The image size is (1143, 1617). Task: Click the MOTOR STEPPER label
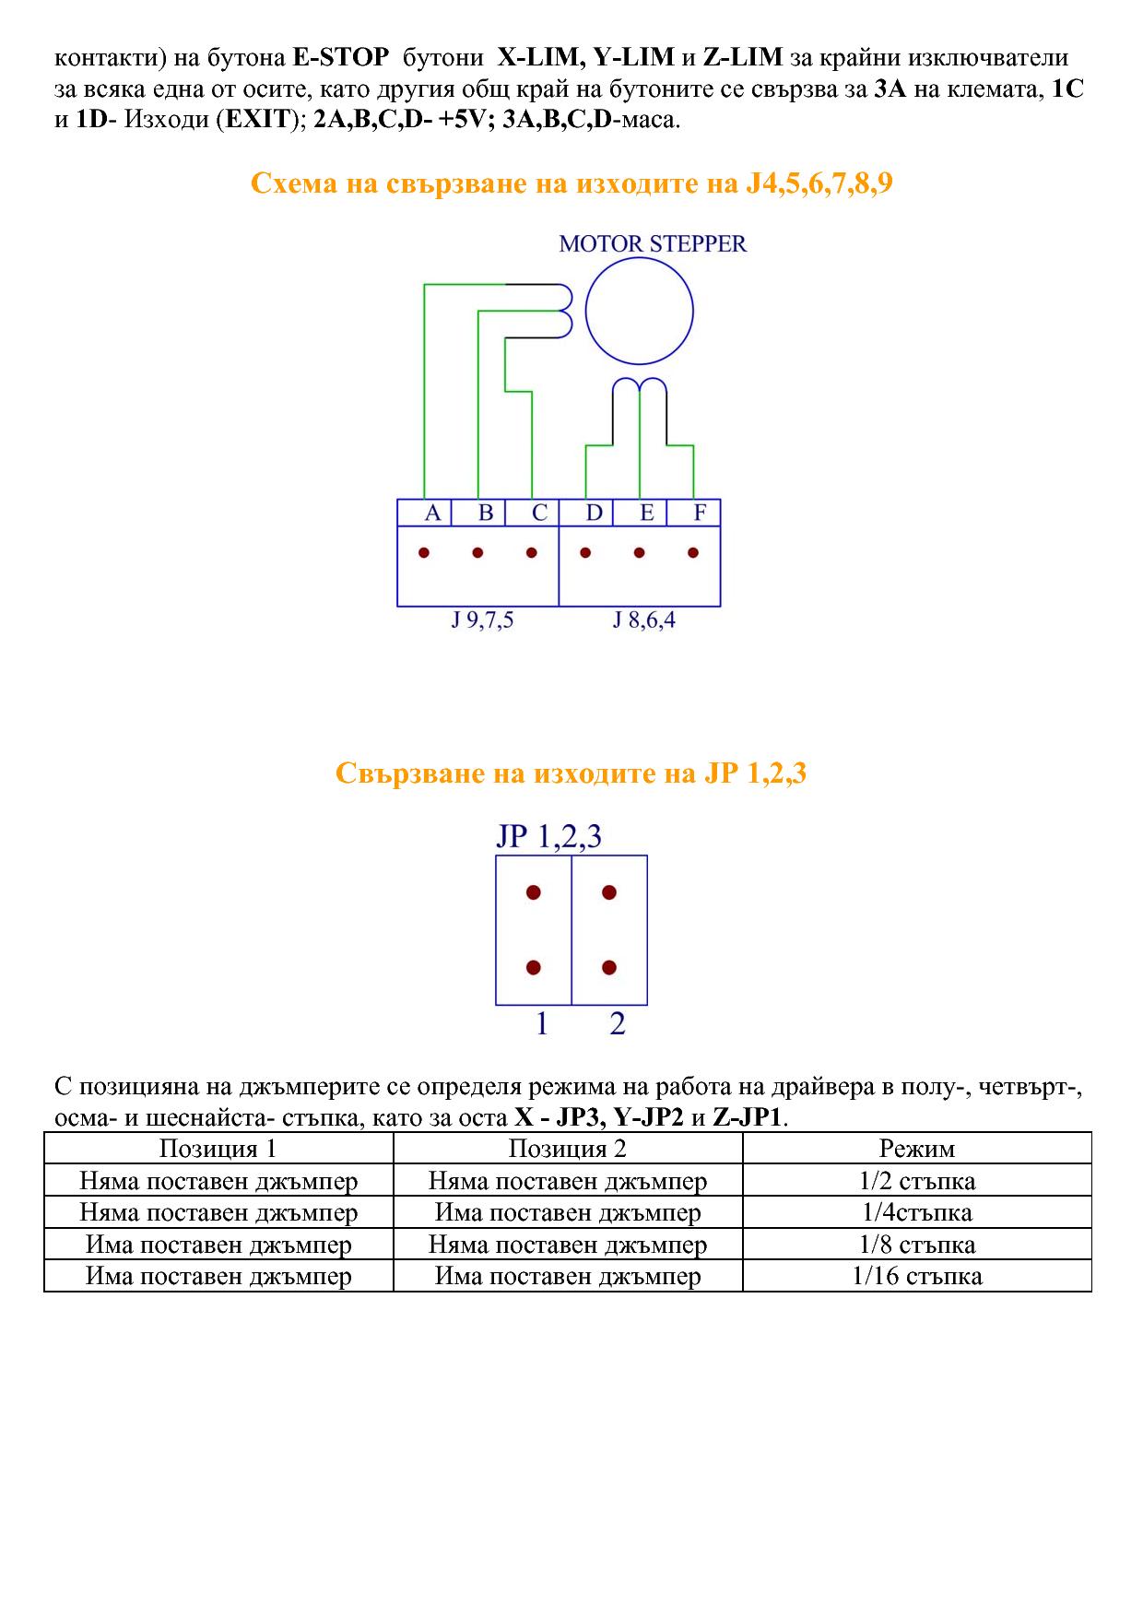pyautogui.click(x=653, y=244)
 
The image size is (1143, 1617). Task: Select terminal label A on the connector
pyautogui.click(x=432, y=513)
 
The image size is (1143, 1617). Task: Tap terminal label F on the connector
pyautogui.click(x=700, y=513)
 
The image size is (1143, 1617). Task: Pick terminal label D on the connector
pyautogui.click(x=594, y=513)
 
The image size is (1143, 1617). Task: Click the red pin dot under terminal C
pyautogui.click(x=531, y=553)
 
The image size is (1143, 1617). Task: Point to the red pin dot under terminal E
pyautogui.click(x=639, y=553)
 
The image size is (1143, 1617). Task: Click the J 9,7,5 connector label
pyautogui.click(x=481, y=620)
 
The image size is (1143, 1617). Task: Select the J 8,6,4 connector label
pyautogui.click(x=643, y=620)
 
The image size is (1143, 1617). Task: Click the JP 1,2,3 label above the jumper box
pyautogui.click(x=548, y=836)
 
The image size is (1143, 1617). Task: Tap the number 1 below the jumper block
pyautogui.click(x=542, y=1023)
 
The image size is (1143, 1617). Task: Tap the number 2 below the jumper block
pyautogui.click(x=618, y=1023)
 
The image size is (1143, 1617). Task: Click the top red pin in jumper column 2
pyautogui.click(x=608, y=892)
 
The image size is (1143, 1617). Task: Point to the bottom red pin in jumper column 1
pyautogui.click(x=533, y=968)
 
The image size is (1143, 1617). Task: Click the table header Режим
pyautogui.click(x=917, y=1149)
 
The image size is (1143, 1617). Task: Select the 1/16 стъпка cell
pyautogui.click(x=917, y=1276)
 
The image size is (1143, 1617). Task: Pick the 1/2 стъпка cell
pyautogui.click(x=917, y=1181)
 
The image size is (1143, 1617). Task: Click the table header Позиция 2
pyautogui.click(x=568, y=1149)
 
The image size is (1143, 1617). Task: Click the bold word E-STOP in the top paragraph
pyautogui.click(x=340, y=58)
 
